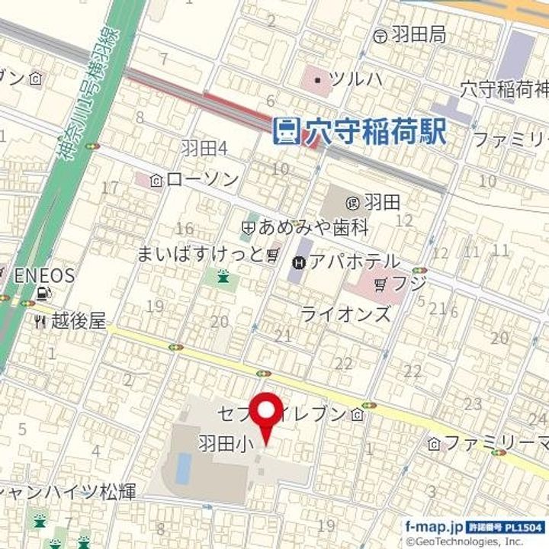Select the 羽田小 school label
pyautogui.click(x=220, y=442)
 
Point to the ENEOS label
pyautogui.click(x=44, y=275)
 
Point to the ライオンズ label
pyautogui.click(x=345, y=313)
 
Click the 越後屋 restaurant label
pyautogui.click(x=78, y=321)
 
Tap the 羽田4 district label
pyautogui.click(x=204, y=147)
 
